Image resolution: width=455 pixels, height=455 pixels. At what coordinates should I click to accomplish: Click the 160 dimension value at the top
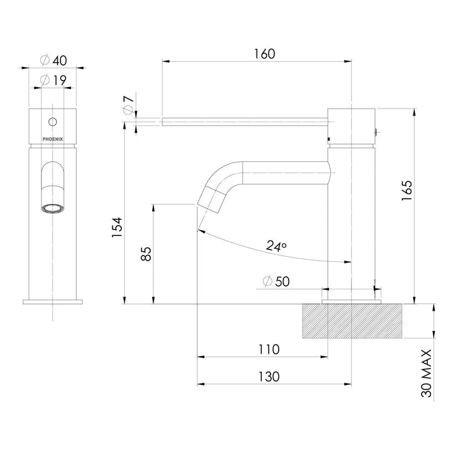[x=265, y=54]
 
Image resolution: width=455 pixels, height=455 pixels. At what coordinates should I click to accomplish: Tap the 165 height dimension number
[x=407, y=190]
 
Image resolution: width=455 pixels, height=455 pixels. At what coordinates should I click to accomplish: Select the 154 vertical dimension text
[x=117, y=227]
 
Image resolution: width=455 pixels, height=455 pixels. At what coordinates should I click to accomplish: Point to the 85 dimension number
[x=146, y=254]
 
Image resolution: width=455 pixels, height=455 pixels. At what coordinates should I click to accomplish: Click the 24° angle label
[x=276, y=246]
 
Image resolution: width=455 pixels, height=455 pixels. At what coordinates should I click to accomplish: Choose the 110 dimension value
[x=269, y=350]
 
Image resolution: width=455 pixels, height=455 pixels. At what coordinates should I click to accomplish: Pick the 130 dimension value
[x=269, y=376]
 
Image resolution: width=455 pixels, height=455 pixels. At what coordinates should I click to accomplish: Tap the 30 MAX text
[x=426, y=373]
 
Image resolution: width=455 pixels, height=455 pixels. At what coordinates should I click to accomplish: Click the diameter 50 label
[x=276, y=281]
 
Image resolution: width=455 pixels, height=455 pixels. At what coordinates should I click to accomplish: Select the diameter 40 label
[x=53, y=60]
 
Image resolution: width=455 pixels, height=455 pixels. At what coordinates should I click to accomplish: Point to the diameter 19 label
[x=53, y=80]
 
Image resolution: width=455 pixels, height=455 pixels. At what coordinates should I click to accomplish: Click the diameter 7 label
[x=129, y=105]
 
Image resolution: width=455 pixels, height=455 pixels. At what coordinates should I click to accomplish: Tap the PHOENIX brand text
[x=53, y=139]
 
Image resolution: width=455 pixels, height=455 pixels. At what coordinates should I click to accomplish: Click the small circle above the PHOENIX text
[x=53, y=122]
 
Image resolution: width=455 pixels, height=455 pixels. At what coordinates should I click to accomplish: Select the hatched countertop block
[x=352, y=321]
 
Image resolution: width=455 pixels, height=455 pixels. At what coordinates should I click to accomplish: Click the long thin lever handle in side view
[x=245, y=122]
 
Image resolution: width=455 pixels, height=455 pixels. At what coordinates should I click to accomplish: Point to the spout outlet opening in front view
[x=53, y=209]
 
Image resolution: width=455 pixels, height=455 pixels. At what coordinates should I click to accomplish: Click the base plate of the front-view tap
[x=53, y=302]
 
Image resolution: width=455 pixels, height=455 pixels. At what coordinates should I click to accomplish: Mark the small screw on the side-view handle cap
[x=376, y=133]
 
